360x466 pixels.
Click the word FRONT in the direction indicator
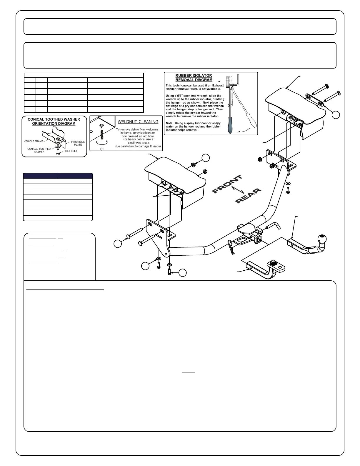click(x=227, y=184)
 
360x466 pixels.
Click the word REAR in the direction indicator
click(x=248, y=196)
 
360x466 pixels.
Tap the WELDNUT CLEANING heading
click(x=138, y=122)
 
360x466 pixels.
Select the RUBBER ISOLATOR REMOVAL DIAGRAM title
click(x=194, y=78)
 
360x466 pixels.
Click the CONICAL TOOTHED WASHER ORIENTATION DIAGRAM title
click(x=54, y=122)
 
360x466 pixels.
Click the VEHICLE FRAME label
click(x=33, y=141)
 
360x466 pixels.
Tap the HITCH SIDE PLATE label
click(x=78, y=143)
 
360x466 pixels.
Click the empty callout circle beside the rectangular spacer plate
click(x=336, y=114)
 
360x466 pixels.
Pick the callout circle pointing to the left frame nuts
click(x=206, y=158)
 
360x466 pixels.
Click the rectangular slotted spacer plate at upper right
click(x=315, y=100)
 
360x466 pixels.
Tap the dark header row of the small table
click(x=58, y=176)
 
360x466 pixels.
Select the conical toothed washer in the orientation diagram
click(x=58, y=146)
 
